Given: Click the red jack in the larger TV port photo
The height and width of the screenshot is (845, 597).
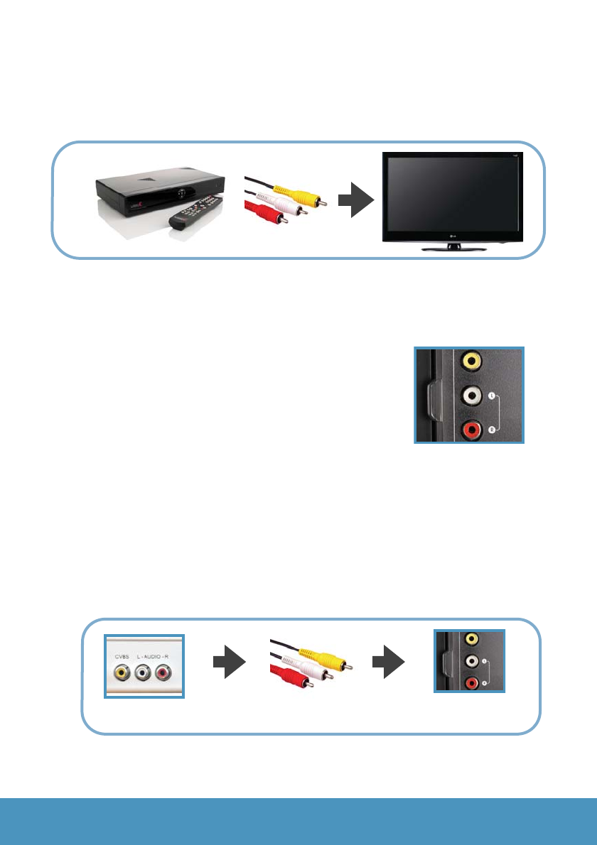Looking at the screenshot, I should click(470, 430).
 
